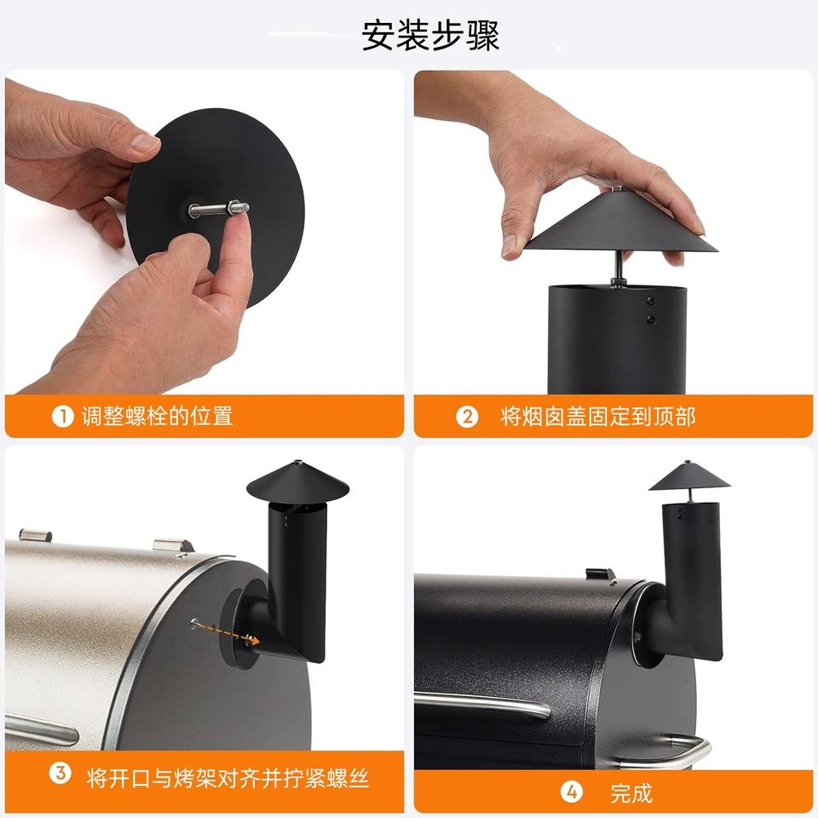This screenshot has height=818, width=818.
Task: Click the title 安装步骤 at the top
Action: (430, 36)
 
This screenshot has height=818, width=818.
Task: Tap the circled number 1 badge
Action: (62, 417)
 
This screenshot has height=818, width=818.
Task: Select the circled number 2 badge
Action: (467, 417)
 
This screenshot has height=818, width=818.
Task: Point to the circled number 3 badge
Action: (60, 773)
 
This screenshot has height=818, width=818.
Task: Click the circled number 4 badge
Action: (572, 792)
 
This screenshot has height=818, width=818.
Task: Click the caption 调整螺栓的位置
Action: (157, 417)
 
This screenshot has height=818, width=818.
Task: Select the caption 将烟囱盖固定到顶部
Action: (598, 417)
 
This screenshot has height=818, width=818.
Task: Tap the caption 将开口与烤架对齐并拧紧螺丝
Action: (228, 778)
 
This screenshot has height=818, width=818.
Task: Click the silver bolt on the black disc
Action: (219, 210)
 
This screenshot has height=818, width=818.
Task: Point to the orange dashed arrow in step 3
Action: (225, 631)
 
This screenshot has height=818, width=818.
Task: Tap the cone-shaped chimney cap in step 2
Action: (620, 222)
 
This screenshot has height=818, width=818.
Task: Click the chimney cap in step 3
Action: (298, 480)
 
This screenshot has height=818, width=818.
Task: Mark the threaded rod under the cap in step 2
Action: (619, 268)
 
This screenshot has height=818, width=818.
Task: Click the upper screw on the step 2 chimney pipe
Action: (650, 301)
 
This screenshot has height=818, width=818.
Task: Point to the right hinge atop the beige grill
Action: (173, 545)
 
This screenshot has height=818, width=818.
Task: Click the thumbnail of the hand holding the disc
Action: (204, 232)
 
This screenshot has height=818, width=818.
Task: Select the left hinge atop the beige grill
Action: (36, 535)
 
